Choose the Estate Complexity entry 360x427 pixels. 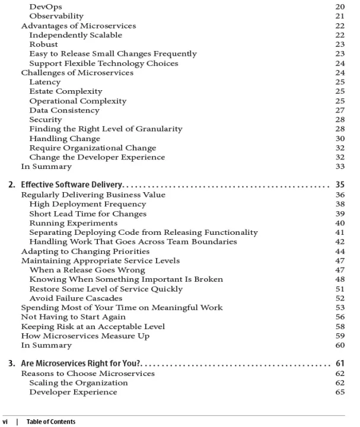click(65, 91)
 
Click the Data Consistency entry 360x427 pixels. click(64, 110)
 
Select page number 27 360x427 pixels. click(340, 110)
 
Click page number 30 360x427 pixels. click(340, 138)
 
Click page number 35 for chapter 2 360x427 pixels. click(340, 184)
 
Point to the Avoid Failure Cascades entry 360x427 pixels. click(75, 298)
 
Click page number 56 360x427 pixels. click(340, 317)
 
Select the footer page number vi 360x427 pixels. click(7, 422)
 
